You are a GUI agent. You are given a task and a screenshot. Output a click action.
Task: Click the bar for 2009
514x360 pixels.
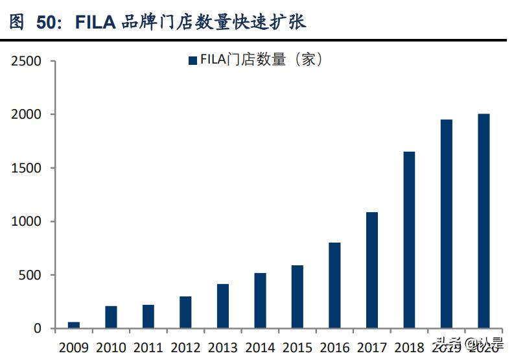74,325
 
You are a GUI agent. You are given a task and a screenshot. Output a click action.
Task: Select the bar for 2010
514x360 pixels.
111,317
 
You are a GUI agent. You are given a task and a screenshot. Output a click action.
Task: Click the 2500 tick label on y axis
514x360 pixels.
27,62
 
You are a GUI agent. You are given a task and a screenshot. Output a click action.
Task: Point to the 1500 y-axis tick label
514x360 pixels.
27,169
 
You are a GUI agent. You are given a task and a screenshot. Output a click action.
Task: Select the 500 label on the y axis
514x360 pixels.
30,276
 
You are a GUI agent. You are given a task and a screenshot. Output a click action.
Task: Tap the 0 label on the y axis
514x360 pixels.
38,329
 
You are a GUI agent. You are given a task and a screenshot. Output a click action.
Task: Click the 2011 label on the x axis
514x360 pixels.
148,347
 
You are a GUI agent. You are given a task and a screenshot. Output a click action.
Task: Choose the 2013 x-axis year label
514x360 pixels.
223,347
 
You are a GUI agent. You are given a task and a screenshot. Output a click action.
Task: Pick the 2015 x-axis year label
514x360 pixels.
298,347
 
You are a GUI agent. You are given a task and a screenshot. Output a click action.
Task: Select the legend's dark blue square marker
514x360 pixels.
192,60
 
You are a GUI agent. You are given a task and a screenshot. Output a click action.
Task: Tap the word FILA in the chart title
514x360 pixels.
95,23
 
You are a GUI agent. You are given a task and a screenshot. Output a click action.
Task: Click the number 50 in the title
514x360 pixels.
46,23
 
